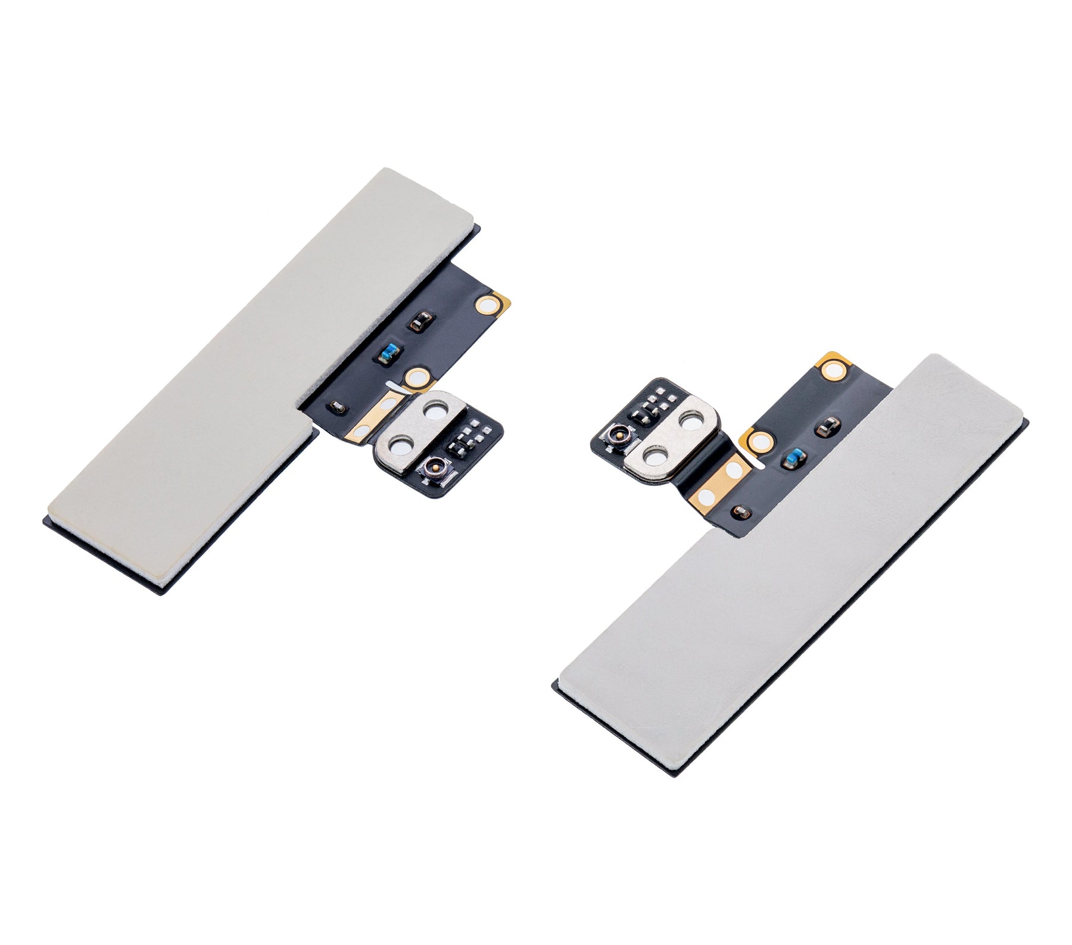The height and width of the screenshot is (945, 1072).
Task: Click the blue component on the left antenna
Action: (388, 354)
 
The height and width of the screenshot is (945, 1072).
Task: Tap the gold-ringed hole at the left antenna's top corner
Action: (490, 305)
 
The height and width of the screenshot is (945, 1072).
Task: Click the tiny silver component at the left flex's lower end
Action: (337, 407)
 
